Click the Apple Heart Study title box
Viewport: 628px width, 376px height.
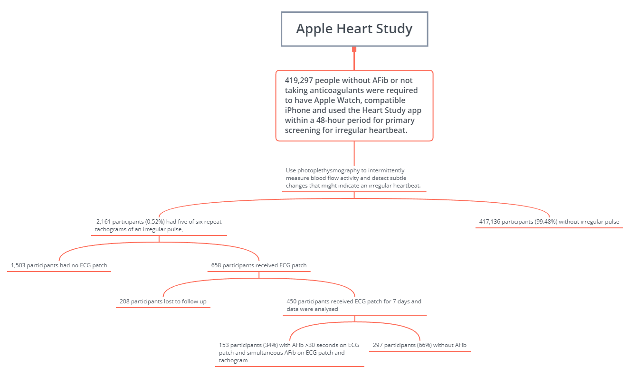354,29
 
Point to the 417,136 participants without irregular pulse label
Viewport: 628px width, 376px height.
549,222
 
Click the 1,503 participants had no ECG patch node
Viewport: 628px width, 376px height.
59,265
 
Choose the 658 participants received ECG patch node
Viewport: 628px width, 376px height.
259,265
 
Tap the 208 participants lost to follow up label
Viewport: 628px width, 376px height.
163,301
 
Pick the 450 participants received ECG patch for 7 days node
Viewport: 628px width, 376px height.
354,305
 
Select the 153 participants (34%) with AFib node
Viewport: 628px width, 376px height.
289,352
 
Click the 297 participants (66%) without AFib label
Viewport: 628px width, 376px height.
419,345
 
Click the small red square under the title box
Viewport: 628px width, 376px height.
354,49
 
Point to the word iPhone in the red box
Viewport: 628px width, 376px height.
297,110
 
